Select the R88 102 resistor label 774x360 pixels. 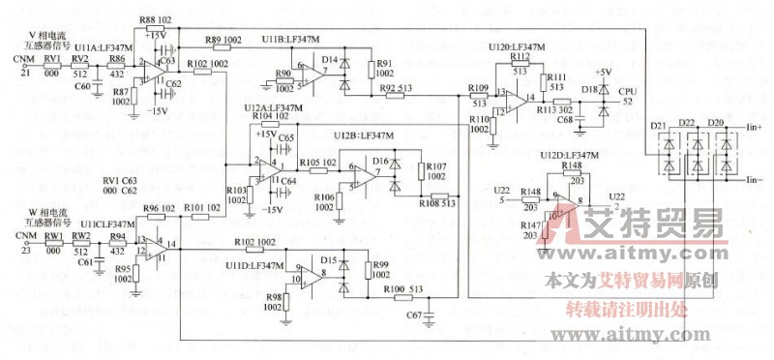tap(156, 20)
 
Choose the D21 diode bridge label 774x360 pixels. tap(660, 125)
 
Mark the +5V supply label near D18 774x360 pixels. tap(602, 72)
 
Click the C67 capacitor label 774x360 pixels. tap(413, 315)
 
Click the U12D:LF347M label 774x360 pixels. tap(569, 155)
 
